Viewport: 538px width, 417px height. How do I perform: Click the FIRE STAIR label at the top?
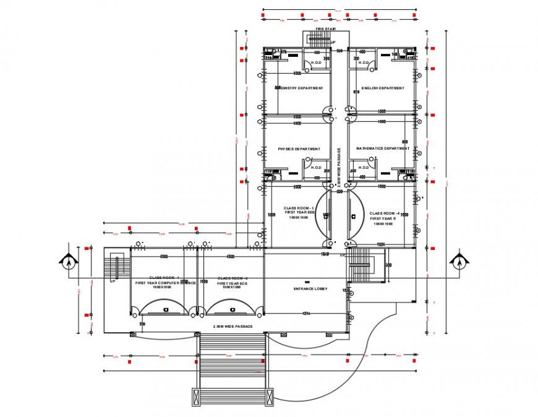click(x=325, y=29)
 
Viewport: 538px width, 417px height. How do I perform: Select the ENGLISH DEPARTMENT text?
click(x=383, y=88)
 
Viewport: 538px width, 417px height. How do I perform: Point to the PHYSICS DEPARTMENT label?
click(x=299, y=149)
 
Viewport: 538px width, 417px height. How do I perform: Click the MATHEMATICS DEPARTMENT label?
click(x=382, y=148)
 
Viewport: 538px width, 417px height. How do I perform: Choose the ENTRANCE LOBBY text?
click(x=310, y=289)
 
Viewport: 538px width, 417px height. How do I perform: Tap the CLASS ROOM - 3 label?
click(x=299, y=208)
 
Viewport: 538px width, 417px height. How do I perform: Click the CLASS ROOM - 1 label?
click(x=164, y=278)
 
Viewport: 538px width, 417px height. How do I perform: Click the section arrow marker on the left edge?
click(x=68, y=260)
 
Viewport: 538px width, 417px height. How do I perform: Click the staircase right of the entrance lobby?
click(x=358, y=265)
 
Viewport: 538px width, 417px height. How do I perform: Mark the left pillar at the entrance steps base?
click(x=199, y=397)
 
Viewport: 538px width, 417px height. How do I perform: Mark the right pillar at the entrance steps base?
click(x=269, y=397)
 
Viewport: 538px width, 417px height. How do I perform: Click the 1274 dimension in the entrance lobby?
click(x=305, y=314)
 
